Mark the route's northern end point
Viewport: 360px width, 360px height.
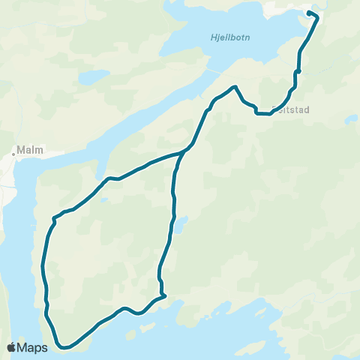309,13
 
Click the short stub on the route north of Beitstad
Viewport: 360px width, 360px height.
298,71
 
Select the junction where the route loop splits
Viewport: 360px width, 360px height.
185,150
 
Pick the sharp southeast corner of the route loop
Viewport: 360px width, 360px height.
164,295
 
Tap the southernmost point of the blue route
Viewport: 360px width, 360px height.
66,347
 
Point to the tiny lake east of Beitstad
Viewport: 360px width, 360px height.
349,118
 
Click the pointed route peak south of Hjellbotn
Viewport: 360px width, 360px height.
236,86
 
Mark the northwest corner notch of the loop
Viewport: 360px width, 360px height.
54,218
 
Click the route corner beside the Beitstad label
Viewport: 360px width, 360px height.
257,113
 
